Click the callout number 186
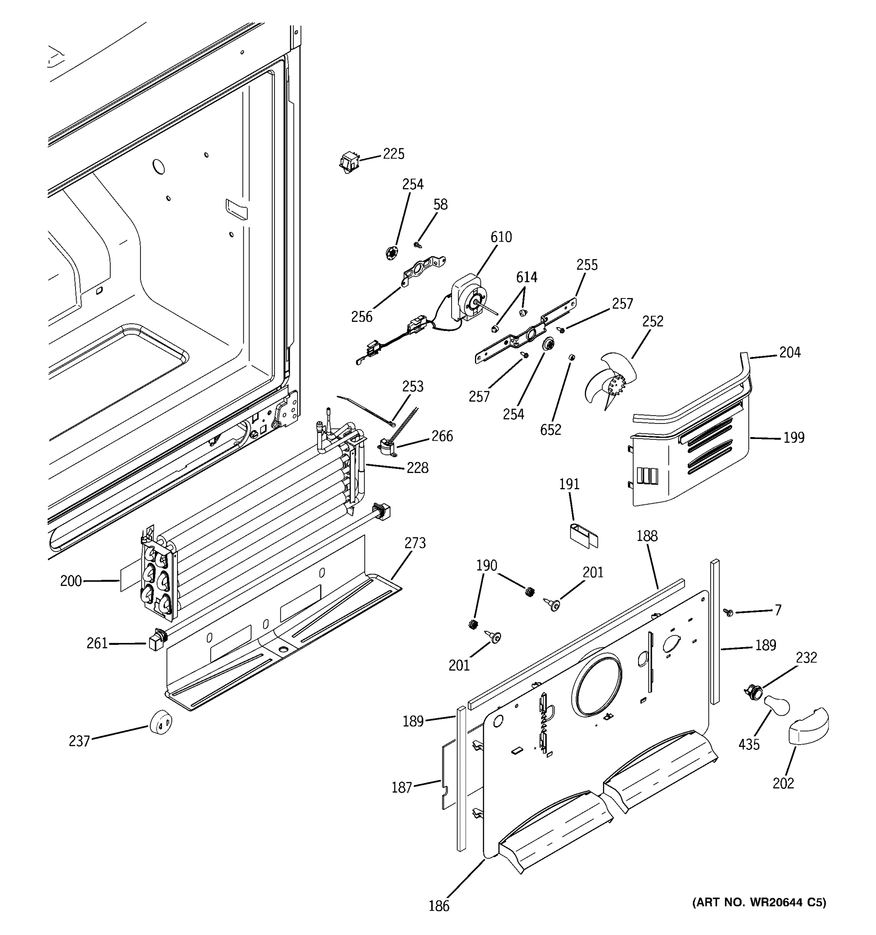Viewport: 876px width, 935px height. click(x=439, y=905)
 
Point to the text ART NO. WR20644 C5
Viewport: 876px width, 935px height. click(x=759, y=902)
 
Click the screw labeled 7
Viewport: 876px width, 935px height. click(x=729, y=612)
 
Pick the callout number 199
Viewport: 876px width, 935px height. click(x=794, y=438)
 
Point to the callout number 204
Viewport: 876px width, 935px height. click(x=790, y=352)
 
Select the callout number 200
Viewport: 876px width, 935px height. click(x=70, y=581)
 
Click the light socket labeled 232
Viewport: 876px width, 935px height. click(x=751, y=692)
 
